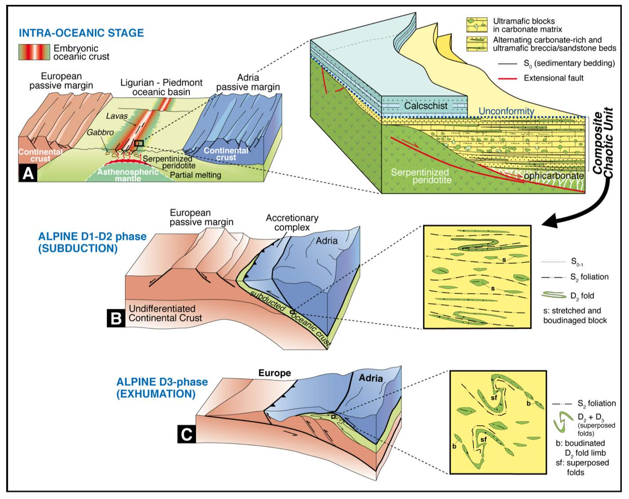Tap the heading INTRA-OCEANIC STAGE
pyautogui.click(x=81, y=33)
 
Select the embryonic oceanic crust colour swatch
pyautogui.click(x=34, y=52)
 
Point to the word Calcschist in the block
pyautogui.click(x=426, y=106)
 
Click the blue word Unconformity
pyautogui.click(x=506, y=111)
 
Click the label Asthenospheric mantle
pyautogui.click(x=128, y=175)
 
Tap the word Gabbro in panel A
pyautogui.click(x=100, y=132)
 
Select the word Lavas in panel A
pyautogui.click(x=117, y=116)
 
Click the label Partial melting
pyautogui.click(x=195, y=175)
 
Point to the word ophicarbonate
pyautogui.click(x=554, y=176)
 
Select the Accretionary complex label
pyautogui.click(x=292, y=222)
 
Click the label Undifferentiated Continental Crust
pyautogui.click(x=165, y=313)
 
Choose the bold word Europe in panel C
pyautogui.click(x=275, y=373)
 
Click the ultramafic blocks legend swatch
pyautogui.click(x=477, y=25)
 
